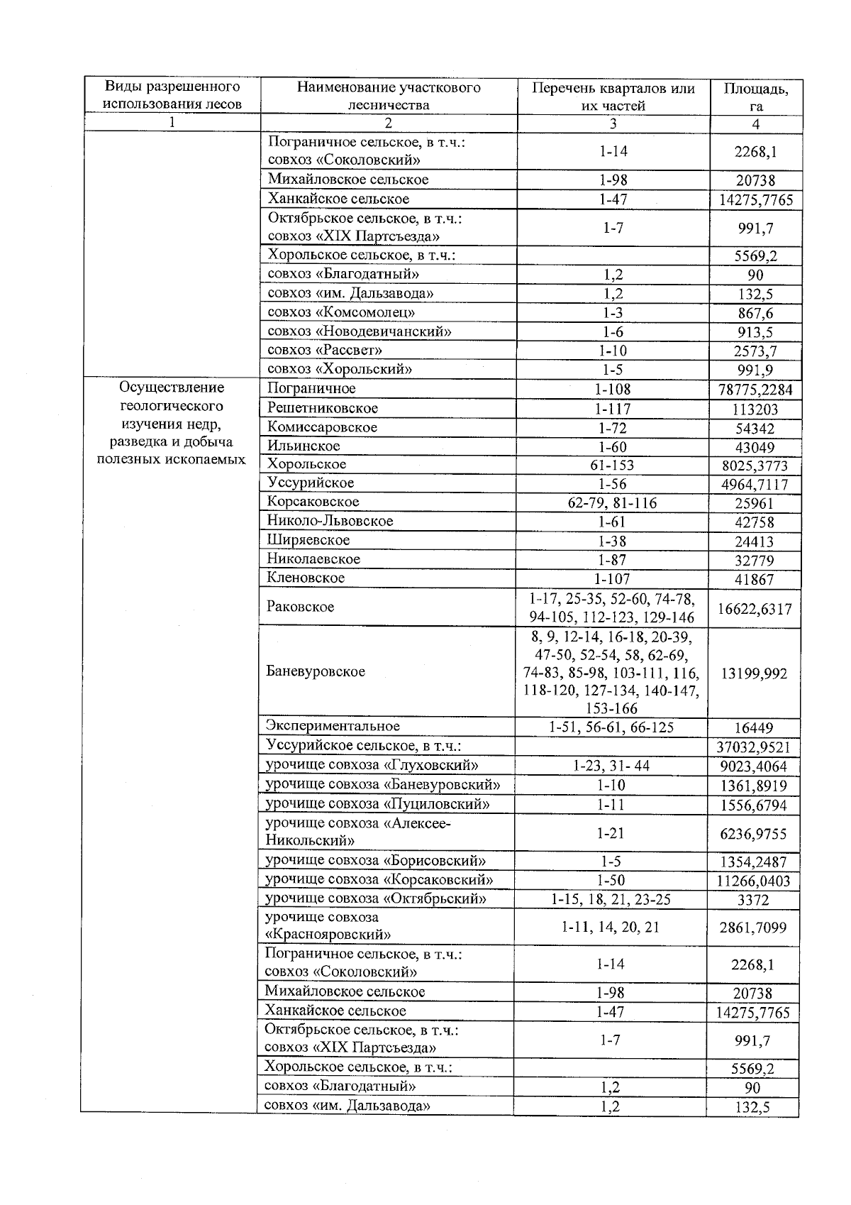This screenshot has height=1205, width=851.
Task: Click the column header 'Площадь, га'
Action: pyautogui.click(x=756, y=97)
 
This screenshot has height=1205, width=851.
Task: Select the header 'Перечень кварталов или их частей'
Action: pyautogui.click(x=613, y=97)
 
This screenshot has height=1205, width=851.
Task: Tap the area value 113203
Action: pyautogui.click(x=755, y=409)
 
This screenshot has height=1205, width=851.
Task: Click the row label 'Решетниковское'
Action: pyautogui.click(x=323, y=408)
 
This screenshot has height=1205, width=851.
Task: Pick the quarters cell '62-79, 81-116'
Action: pyautogui.click(x=613, y=503)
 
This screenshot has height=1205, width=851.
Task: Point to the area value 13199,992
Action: pyautogui.click(x=754, y=673)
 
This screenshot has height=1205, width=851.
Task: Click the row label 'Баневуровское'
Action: pyautogui.click(x=316, y=671)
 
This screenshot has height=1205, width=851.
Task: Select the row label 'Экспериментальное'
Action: pyautogui.click(x=333, y=726)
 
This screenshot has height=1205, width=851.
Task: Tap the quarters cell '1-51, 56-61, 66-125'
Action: pyautogui.click(x=611, y=727)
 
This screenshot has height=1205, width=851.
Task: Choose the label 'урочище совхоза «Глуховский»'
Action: pyautogui.click(x=372, y=765)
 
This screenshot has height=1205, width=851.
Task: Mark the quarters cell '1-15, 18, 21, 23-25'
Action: pyautogui.click(x=611, y=899)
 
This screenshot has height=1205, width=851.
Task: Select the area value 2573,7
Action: pyautogui.click(x=756, y=351)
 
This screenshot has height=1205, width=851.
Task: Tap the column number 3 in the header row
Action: pyautogui.click(x=613, y=123)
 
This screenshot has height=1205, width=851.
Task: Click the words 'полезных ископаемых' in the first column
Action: pyautogui.click(x=172, y=459)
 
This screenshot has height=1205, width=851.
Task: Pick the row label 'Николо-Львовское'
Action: pyautogui.click(x=330, y=521)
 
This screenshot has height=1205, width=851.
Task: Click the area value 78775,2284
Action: pyautogui.click(x=755, y=390)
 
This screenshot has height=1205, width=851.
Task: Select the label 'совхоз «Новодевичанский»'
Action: pyautogui.click(x=360, y=331)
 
